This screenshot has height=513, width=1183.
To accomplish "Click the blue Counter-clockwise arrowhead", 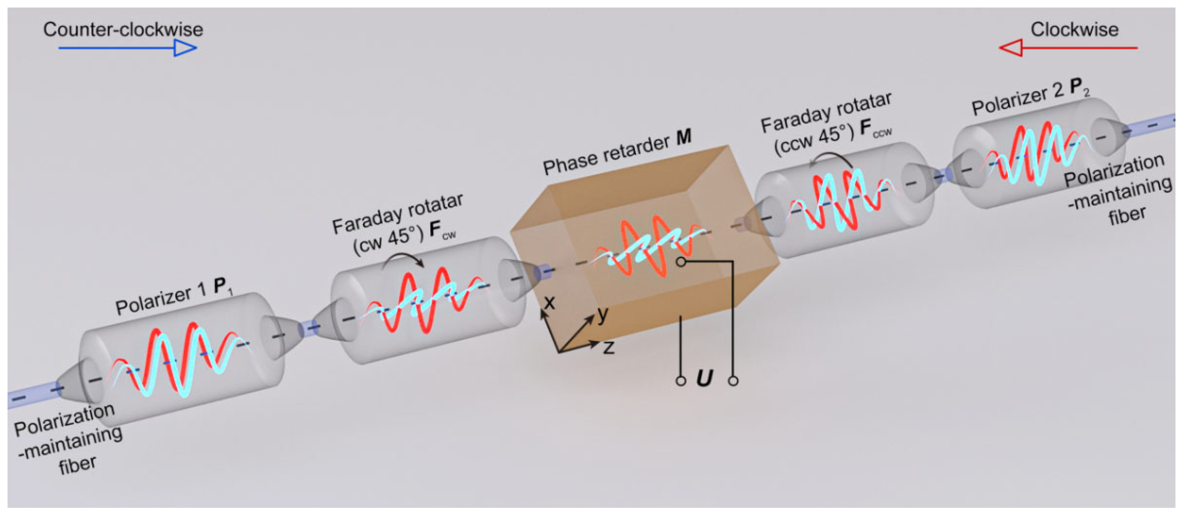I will pos(185,48).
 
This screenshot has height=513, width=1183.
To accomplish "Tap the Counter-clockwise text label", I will pos(123,30).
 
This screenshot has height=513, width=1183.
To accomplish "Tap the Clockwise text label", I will pos(1074,30).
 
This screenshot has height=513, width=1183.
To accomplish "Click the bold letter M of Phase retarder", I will pos(684,137).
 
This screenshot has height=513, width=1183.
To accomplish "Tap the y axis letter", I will pos(603,314).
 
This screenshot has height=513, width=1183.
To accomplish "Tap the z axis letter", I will pos(609,348).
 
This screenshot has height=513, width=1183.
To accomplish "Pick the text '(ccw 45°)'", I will pos(814,140).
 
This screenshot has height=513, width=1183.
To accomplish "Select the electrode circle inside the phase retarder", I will pos(682,262).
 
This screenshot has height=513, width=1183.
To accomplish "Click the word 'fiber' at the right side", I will pos(1127,216).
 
